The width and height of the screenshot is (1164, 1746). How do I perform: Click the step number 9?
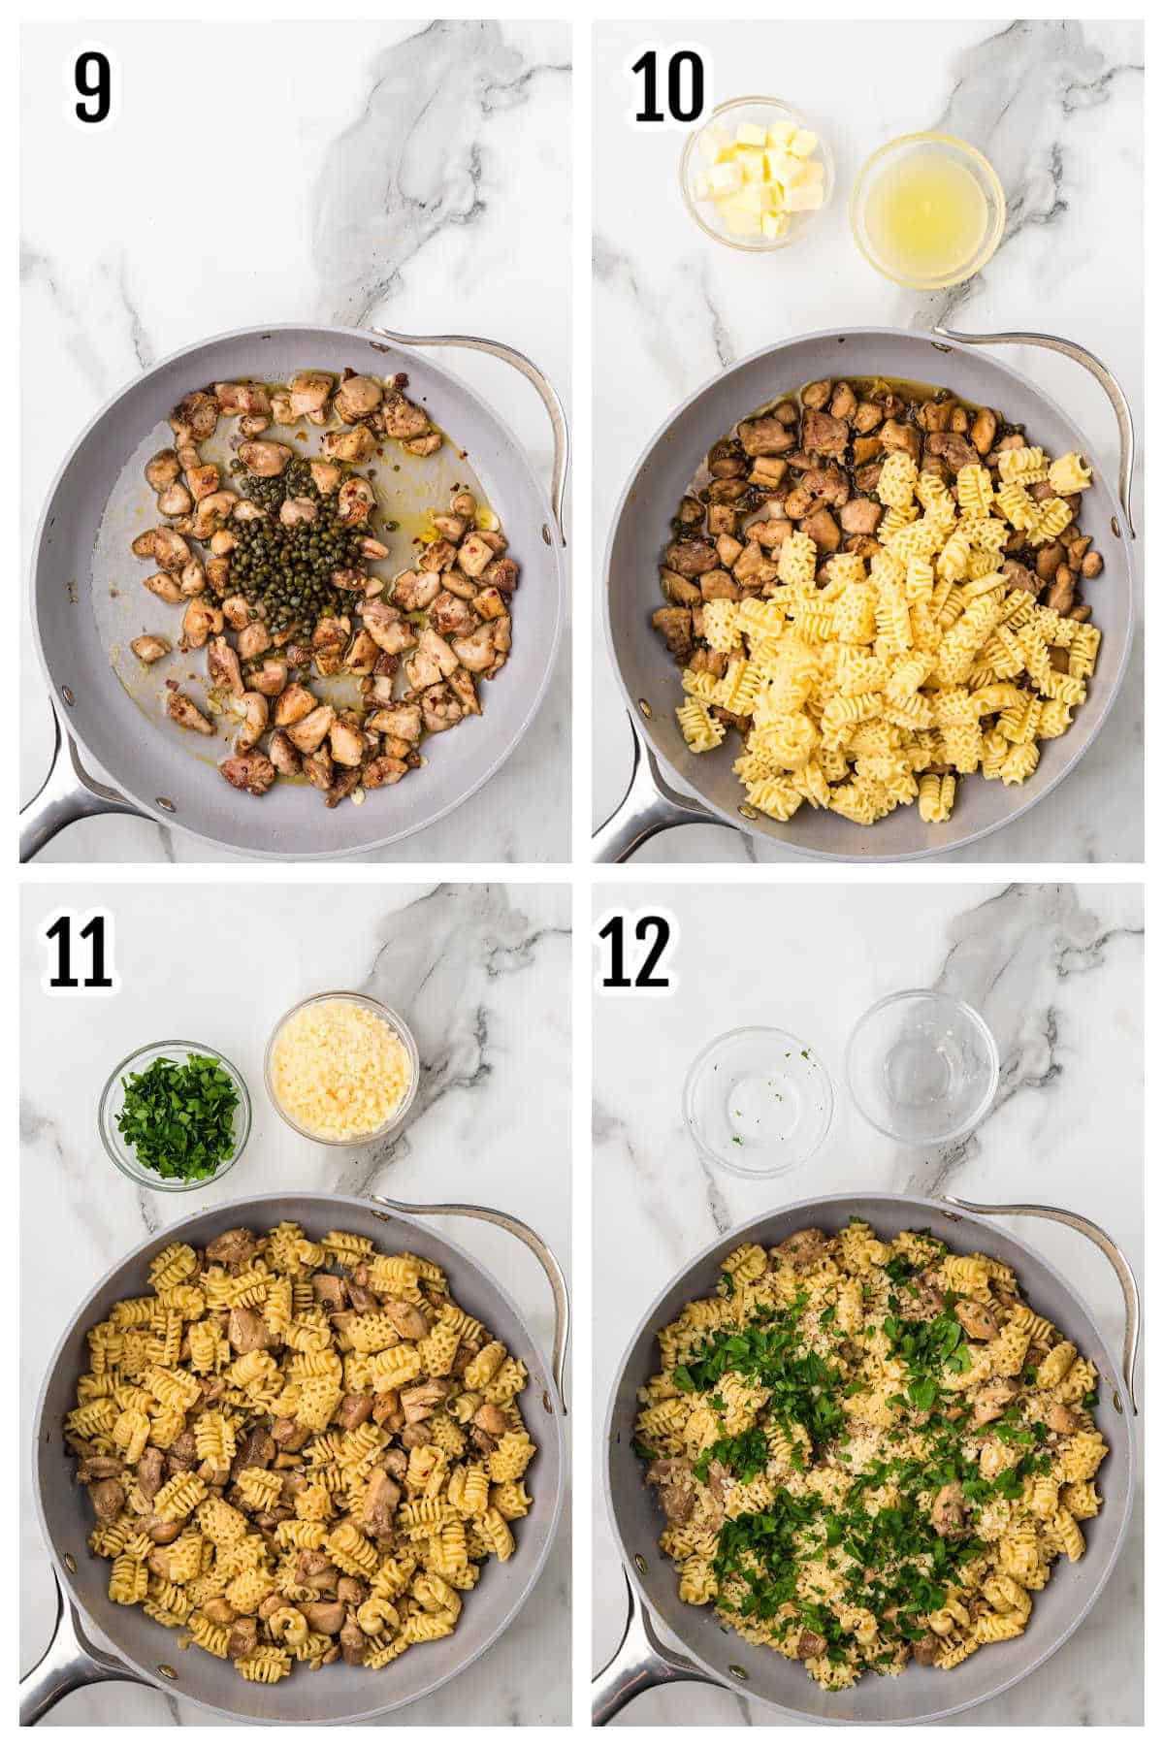tap(92, 87)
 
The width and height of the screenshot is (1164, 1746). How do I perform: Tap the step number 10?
tap(668, 87)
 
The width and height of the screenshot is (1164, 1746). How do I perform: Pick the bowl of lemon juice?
tap(926, 209)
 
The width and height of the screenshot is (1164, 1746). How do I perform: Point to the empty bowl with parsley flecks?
tap(759, 1101)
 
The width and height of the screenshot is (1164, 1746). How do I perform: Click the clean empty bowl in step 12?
tap(921, 1065)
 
